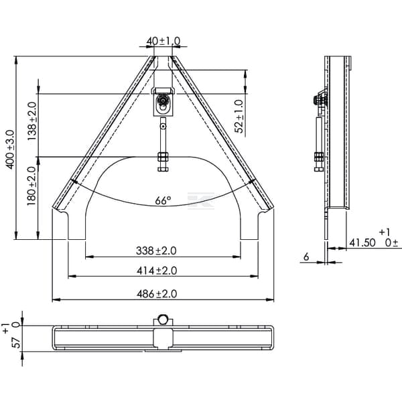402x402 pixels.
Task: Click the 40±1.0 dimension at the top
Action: [x=163, y=41]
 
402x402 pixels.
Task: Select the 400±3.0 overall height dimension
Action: [x=11, y=149]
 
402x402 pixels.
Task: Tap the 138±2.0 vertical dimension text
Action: [x=32, y=121]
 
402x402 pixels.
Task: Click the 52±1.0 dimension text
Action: [x=239, y=117]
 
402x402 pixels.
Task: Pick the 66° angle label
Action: [x=163, y=200]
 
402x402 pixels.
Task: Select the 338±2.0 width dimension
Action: [x=156, y=251]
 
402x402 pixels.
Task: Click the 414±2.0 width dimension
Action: [x=157, y=271]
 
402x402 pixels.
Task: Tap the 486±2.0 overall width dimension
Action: [x=157, y=294]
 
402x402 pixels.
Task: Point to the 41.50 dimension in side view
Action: [x=362, y=243]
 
